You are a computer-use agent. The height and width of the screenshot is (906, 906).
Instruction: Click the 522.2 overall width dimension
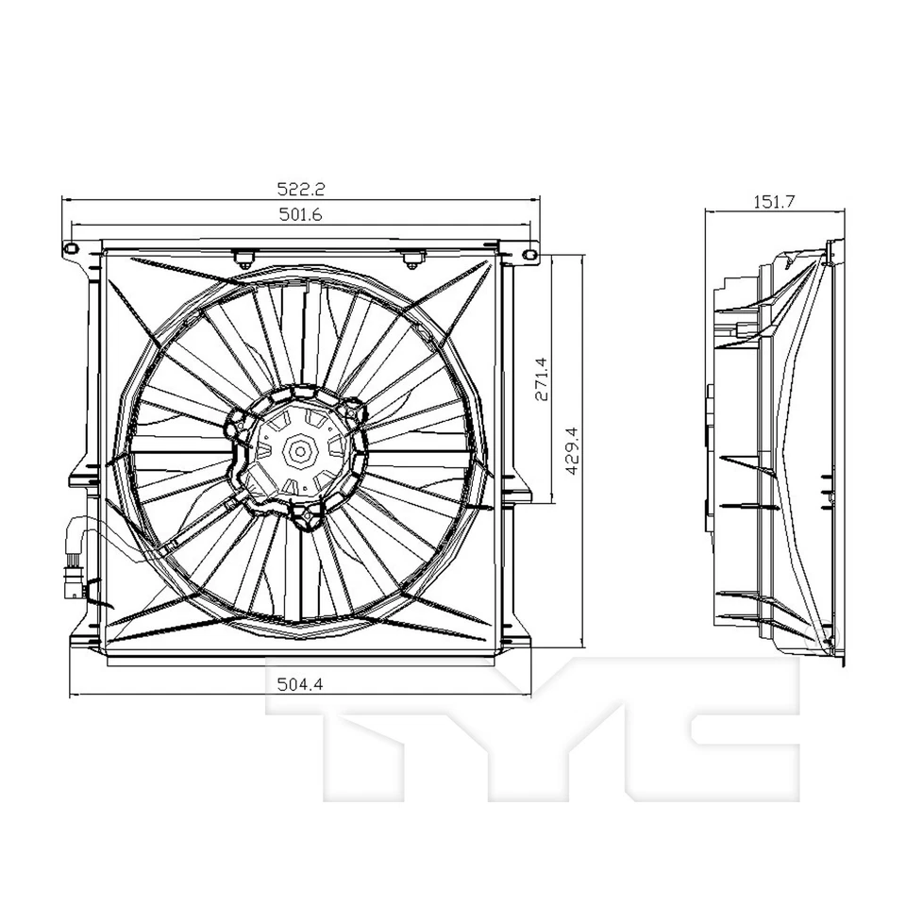pos(300,189)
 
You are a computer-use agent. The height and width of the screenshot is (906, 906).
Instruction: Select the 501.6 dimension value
pos(300,215)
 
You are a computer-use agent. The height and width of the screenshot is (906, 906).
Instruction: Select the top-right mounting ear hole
pos(529,253)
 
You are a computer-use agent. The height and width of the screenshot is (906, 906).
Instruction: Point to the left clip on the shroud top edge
pos(243,256)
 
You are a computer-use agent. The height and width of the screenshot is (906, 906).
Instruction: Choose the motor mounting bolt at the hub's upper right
pos(354,411)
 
